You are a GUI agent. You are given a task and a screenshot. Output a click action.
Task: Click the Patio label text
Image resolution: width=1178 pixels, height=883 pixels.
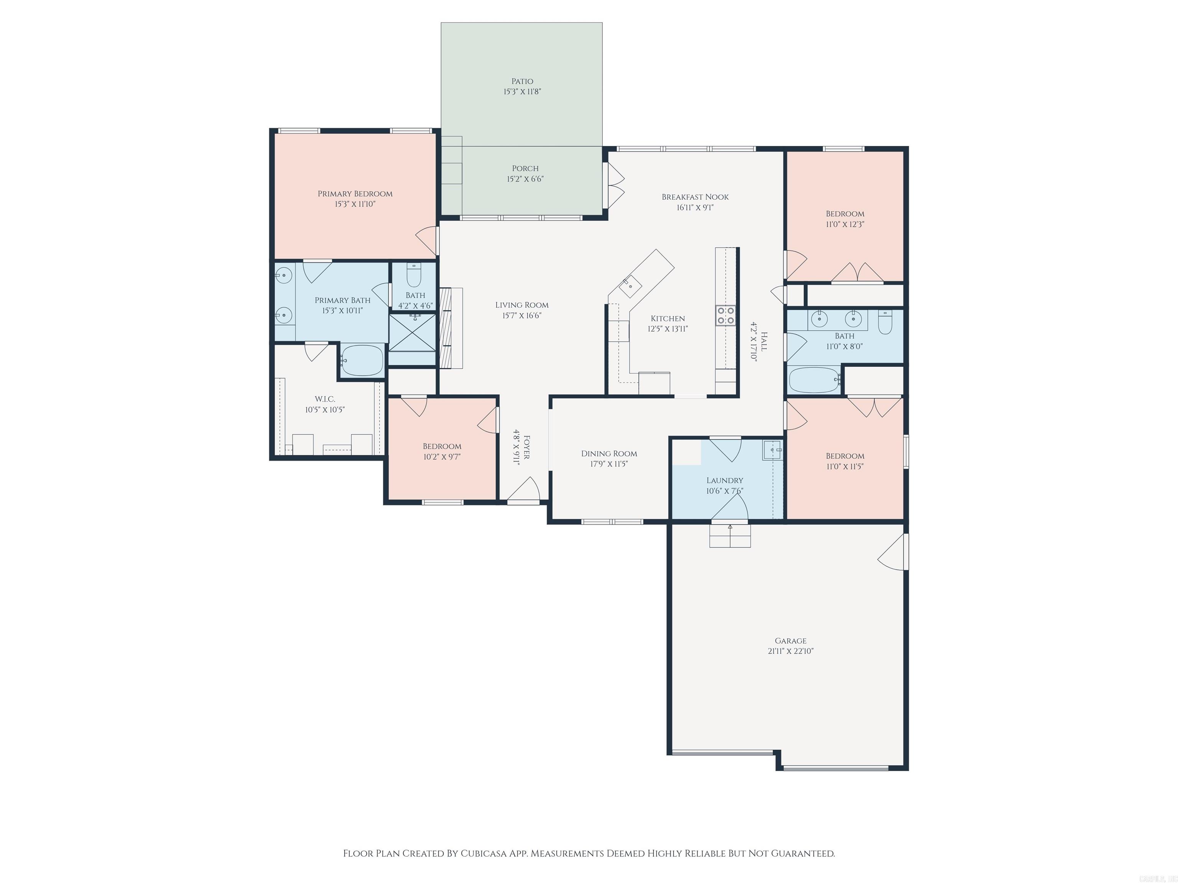coord(522,81)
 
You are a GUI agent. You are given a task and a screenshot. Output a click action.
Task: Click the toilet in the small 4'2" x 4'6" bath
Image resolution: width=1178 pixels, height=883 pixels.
coord(414,275)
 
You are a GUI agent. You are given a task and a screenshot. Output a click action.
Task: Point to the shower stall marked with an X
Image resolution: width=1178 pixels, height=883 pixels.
coord(412,333)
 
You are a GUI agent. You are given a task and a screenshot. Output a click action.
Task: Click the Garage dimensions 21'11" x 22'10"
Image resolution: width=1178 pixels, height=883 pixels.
coord(790,651)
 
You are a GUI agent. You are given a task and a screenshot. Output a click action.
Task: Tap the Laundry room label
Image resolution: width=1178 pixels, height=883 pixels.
coord(724,480)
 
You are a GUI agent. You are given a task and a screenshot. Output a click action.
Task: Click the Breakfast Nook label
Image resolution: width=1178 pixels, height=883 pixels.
coord(695,197)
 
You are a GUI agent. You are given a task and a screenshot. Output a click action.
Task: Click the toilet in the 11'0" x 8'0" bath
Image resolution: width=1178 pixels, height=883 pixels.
coord(885,322)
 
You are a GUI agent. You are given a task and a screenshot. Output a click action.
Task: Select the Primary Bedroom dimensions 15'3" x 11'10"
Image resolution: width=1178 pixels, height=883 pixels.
coord(355,204)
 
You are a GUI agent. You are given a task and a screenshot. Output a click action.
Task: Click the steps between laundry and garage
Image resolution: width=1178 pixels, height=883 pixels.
coord(730,535)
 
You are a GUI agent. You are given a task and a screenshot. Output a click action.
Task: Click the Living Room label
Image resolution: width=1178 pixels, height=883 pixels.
coord(522,305)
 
